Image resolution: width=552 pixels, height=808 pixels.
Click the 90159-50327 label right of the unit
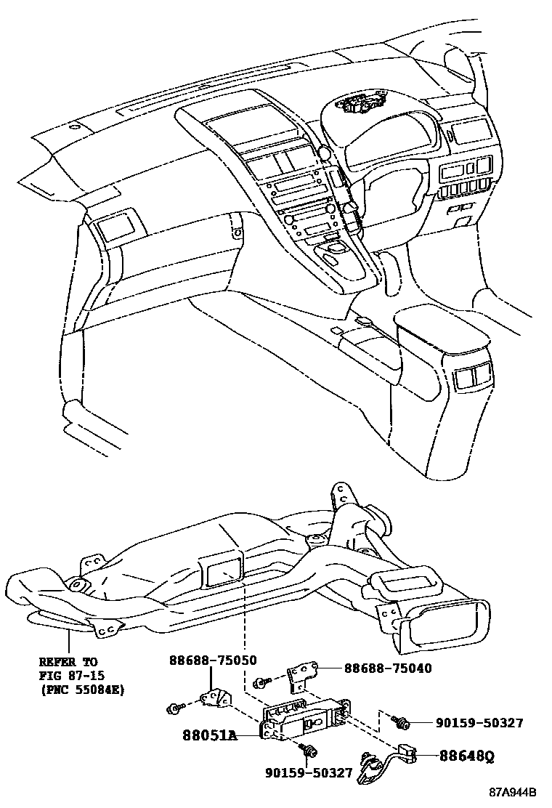479,723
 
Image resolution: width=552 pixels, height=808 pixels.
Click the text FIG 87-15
71,675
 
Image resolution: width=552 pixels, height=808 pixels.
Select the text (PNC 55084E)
81,688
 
